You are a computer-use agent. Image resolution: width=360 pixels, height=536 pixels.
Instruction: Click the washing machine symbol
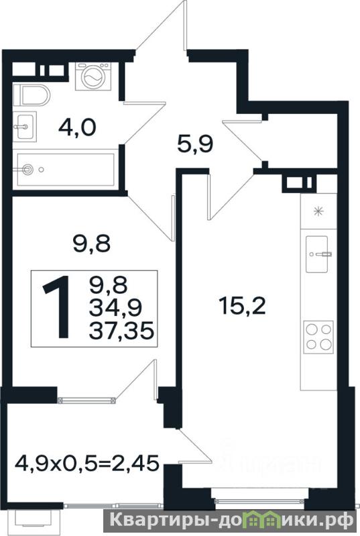(93, 76)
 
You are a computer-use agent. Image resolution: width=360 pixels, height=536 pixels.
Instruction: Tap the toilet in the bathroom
(32, 95)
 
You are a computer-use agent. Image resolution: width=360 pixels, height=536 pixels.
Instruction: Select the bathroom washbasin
(25, 127)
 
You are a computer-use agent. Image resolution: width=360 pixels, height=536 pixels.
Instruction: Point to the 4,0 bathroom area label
(77, 128)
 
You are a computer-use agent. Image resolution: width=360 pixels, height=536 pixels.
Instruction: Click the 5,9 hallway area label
(195, 144)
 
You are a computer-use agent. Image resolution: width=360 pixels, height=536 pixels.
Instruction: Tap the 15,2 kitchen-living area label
(243, 307)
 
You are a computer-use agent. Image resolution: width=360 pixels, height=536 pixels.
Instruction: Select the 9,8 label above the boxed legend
(92, 244)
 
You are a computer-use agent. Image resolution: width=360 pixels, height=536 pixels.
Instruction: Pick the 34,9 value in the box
(115, 308)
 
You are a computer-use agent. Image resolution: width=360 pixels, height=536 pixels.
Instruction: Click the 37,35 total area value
(121, 331)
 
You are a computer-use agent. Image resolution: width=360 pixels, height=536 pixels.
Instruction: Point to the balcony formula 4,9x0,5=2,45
(87, 464)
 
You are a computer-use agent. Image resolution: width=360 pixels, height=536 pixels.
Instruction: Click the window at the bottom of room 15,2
(259, 501)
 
